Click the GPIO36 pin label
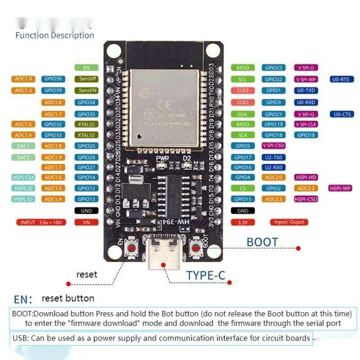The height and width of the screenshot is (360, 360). click(53, 79)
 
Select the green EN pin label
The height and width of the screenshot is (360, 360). click(86, 67)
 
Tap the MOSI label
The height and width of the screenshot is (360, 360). click(243, 67)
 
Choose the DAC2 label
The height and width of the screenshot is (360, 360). click(23, 157)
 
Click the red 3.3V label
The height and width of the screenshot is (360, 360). click(243, 222)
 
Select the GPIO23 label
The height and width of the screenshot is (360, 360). click(274, 67)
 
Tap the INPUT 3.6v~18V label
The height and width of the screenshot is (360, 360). click(40, 222)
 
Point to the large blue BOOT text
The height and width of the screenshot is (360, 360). click(262, 242)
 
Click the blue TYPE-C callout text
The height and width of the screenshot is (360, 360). click(206, 275)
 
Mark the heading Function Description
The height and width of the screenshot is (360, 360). click(54, 35)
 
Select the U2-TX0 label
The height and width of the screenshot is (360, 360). click(274, 157)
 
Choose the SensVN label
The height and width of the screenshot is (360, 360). click(86, 90)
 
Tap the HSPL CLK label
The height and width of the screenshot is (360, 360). click(23, 177)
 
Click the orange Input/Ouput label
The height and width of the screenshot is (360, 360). click(289, 222)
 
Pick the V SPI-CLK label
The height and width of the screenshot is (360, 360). click(306, 124)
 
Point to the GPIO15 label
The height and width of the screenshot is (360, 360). click(243, 199)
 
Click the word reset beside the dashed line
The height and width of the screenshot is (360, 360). click(86, 274)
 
